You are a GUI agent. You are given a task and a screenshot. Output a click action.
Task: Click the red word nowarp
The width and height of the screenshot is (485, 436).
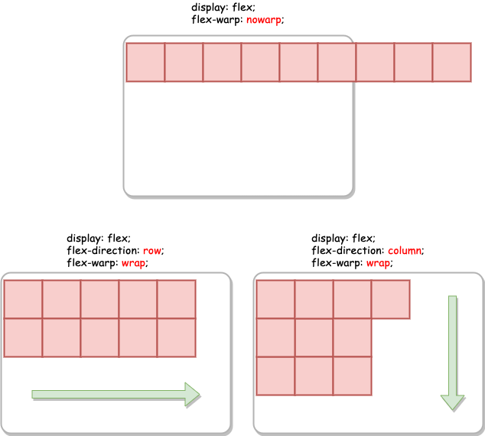tap(264, 20)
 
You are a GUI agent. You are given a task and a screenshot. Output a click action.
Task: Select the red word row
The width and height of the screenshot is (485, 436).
tap(153, 250)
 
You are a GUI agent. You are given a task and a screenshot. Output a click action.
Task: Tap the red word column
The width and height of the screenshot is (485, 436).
tap(405, 250)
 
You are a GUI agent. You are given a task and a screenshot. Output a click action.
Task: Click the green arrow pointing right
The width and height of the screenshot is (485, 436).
tap(116, 394)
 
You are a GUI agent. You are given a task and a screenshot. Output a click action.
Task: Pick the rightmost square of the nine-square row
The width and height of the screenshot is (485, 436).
tap(451, 62)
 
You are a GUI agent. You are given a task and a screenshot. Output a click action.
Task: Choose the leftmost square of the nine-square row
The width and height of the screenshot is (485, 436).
tap(145, 62)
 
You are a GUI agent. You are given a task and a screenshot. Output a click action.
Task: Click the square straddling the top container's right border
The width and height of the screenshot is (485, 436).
tap(337, 62)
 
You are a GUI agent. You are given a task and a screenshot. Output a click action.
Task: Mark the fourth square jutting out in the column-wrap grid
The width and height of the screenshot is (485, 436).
tap(390, 299)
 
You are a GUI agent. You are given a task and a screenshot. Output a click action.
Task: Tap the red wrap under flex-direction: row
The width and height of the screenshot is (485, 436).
tap(134, 262)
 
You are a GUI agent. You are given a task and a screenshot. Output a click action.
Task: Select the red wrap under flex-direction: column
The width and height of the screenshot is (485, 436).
tap(379, 262)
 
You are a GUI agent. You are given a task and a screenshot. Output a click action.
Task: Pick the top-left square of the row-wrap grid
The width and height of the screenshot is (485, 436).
tap(23, 299)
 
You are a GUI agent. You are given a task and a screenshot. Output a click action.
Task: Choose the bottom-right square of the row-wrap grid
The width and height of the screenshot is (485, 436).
tap(176, 337)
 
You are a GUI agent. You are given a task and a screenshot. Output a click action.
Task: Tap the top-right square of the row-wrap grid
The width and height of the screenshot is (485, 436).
tap(176, 299)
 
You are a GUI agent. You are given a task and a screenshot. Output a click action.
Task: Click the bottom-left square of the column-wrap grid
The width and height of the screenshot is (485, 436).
tap(275, 376)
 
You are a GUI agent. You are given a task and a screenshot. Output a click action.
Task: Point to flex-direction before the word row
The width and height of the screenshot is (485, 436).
tap(103, 250)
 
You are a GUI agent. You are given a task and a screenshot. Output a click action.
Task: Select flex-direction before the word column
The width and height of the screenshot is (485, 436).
tap(348, 250)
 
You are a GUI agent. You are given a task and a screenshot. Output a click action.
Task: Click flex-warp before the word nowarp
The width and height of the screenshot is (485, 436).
tap(216, 20)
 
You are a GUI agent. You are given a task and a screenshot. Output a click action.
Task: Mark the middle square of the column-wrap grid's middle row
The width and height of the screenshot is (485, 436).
tap(314, 337)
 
